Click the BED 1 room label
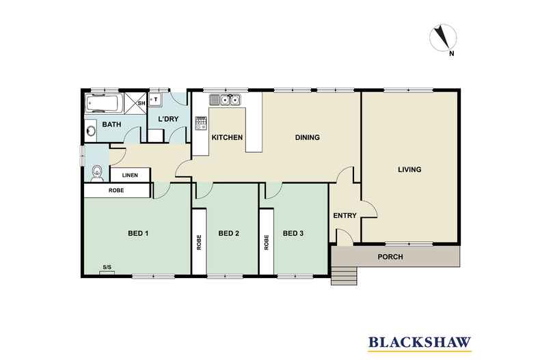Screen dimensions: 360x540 point(138,234)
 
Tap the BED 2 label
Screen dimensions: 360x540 point(228,234)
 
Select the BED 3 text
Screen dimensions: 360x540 point(293,234)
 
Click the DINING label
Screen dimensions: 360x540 point(307,138)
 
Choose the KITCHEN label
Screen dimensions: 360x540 point(227,138)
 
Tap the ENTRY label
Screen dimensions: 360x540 point(345,216)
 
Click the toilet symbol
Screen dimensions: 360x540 point(96,172)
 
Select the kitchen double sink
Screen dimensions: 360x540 point(226,100)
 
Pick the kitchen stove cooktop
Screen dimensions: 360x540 point(202,124)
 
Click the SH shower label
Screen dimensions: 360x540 point(141,104)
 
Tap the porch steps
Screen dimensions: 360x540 point(344,275)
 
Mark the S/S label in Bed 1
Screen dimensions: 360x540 point(107,267)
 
